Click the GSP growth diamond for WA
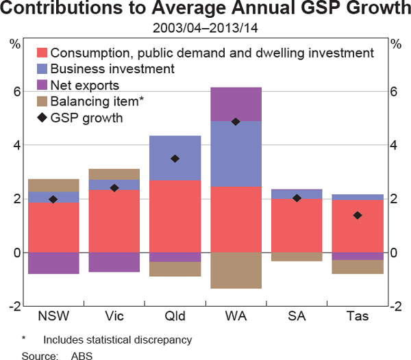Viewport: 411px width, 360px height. click(236, 122)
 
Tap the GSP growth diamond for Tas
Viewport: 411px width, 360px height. click(357, 216)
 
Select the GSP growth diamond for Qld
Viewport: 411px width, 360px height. click(175, 159)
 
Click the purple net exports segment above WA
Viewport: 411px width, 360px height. click(236, 104)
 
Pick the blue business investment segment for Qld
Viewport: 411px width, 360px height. click(175, 158)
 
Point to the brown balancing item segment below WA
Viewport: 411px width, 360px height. click(236, 270)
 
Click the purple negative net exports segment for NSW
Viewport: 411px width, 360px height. click(54, 263)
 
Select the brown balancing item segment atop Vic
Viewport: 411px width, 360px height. click(114, 174)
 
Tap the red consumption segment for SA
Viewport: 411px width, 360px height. click(297, 225)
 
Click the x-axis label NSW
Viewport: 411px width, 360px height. click(54, 316)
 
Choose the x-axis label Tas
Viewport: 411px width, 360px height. click(357, 316)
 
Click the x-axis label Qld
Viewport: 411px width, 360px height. click(175, 316)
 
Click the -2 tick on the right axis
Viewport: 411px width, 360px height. click(395, 307)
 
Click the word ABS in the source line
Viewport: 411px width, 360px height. click(82, 354)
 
